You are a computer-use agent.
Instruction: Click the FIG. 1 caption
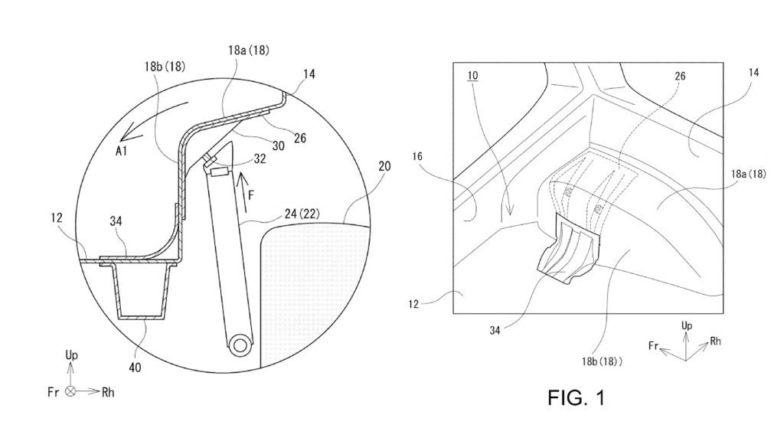point(576,398)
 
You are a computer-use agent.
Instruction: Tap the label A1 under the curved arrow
point(122,151)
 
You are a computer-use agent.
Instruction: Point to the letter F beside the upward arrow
point(251,194)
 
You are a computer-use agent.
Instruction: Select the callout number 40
point(135,367)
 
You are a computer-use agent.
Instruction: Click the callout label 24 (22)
point(302,214)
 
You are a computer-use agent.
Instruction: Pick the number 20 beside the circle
point(384,166)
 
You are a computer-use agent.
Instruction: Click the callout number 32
point(260,158)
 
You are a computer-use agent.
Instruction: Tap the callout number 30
point(279,145)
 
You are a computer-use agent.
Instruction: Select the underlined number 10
point(472,76)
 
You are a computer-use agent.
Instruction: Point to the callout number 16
point(417,156)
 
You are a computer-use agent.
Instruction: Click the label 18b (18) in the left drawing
point(165,66)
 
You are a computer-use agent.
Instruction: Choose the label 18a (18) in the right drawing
point(749,174)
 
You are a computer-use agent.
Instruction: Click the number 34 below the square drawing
point(495,331)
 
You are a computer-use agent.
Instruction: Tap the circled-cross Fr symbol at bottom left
point(71,391)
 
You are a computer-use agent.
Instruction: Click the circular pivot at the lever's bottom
point(240,345)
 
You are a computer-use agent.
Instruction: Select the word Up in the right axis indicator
point(687,326)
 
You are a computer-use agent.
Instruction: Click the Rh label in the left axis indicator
point(108,393)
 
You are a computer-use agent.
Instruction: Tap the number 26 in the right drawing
point(680,76)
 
